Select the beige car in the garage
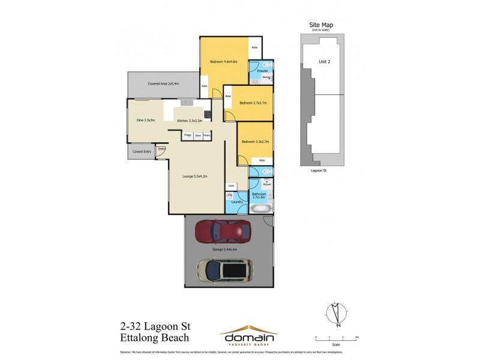[x=225, y=271]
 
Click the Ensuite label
[x=262, y=71]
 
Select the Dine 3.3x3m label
[x=145, y=120]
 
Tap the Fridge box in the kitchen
[x=187, y=136]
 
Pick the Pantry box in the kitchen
[x=206, y=136]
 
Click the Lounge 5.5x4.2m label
[x=195, y=176]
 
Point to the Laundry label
[x=236, y=202]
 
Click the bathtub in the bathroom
[x=260, y=209]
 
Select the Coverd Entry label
[x=141, y=152]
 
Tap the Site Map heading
[x=321, y=25]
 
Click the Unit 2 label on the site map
[x=325, y=61]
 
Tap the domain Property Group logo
[x=248, y=334]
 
